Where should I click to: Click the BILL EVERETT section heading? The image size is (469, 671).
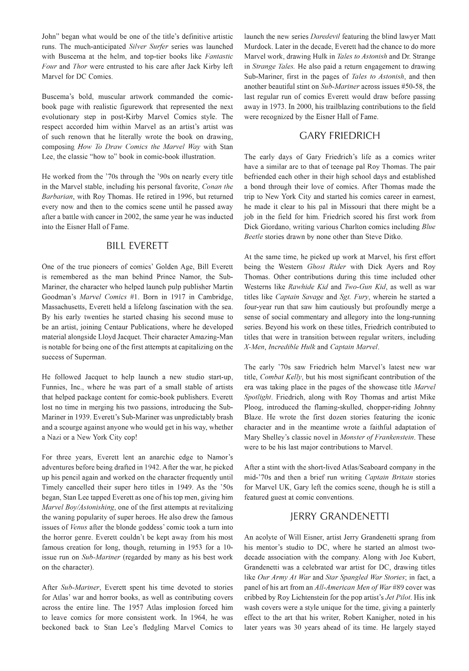[x=137, y=246]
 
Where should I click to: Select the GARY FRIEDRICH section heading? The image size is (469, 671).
[x=340, y=136]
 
